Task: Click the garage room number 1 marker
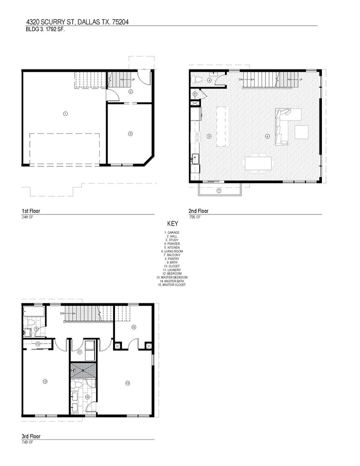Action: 65,114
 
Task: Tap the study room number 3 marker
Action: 130,134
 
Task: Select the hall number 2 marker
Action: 131,91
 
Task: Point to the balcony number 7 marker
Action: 218,191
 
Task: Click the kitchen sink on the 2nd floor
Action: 196,158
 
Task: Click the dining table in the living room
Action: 258,164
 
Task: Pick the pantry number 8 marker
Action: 195,94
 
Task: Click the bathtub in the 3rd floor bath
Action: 34,312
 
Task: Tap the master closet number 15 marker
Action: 134,327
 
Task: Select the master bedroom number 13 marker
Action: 128,383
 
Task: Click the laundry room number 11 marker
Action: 80,352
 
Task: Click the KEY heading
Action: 173,224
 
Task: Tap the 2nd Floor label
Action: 198,211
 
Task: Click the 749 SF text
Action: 27,442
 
